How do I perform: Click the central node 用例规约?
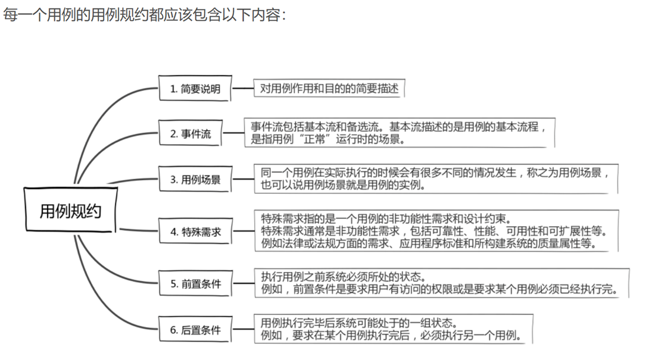pyautogui.click(x=70, y=211)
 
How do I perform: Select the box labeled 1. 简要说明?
pyautogui.click(x=195, y=89)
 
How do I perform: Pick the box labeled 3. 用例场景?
pyautogui.click(x=195, y=179)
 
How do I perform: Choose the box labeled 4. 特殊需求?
pyautogui.click(x=195, y=231)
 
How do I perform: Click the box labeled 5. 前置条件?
pyautogui.click(x=195, y=284)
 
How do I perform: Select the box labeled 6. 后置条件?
pyautogui.click(x=195, y=330)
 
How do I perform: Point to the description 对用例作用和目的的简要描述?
pyautogui.click(x=329, y=89)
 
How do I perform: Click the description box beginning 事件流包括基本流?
pyautogui.click(x=399, y=133)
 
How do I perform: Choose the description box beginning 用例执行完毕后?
pyautogui.click(x=393, y=330)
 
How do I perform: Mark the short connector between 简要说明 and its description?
pyautogui.click(x=243, y=89)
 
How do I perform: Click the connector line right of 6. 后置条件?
pyautogui.click(x=243, y=330)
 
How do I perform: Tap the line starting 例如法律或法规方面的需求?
pyautogui.click(x=429, y=244)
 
